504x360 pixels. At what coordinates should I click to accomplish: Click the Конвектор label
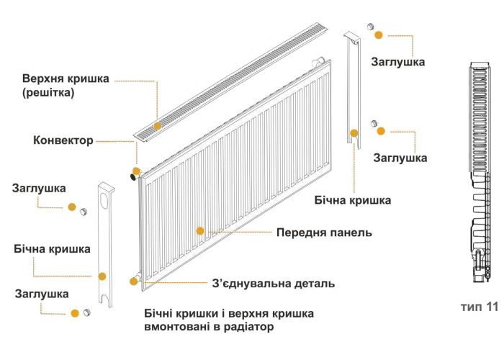click(x=62, y=140)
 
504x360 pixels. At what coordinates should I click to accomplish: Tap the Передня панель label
click(x=324, y=233)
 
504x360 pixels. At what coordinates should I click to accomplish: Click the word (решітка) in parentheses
click(x=48, y=93)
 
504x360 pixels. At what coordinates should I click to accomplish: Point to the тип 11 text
click(x=480, y=306)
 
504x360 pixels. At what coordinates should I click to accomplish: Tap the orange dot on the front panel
click(x=200, y=231)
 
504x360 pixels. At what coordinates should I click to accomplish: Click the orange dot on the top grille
click(x=156, y=125)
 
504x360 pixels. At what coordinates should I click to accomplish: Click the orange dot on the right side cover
click(x=354, y=132)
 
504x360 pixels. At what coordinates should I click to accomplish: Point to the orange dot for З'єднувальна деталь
click(x=134, y=280)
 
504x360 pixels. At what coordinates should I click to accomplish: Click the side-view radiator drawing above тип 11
click(x=478, y=173)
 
